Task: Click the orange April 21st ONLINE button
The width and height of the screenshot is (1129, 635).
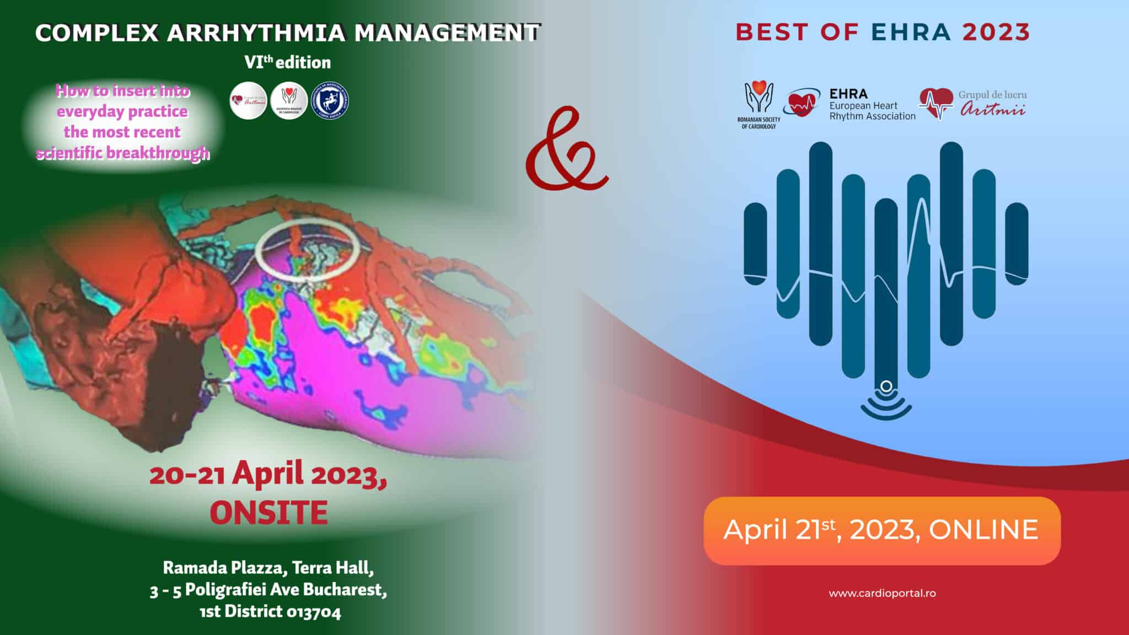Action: coord(881,530)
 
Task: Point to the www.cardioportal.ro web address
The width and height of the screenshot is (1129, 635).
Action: coord(882,594)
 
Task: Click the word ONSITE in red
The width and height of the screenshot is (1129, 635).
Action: coord(269,513)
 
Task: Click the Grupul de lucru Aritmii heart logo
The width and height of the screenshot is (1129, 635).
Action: coord(936,103)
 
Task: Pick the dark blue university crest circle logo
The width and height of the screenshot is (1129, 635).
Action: coord(330,101)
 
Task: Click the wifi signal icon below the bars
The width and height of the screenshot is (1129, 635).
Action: coord(886,401)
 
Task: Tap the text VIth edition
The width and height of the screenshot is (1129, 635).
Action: coord(287,62)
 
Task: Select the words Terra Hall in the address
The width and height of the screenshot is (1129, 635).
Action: coord(333,567)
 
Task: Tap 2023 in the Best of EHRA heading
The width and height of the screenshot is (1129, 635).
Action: coord(996,33)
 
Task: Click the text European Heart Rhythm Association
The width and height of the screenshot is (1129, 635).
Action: coord(872,111)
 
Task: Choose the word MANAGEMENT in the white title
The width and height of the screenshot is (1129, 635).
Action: coord(447,33)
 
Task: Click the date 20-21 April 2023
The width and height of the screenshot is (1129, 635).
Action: coord(268,475)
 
